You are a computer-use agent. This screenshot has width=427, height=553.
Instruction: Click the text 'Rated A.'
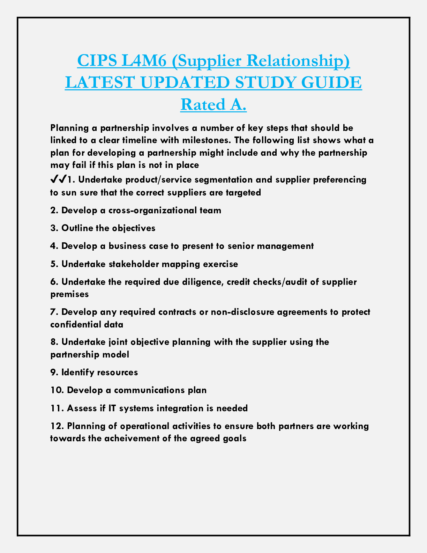click(x=213, y=104)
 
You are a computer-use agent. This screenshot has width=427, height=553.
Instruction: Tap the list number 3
click(x=53, y=228)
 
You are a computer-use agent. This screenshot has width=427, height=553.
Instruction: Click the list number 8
click(x=53, y=342)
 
